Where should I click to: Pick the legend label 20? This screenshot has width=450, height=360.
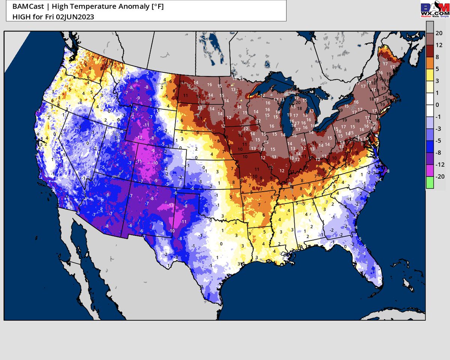(x=439, y=33)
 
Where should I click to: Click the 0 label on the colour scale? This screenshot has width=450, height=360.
(x=438, y=105)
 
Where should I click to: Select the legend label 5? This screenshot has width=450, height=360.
(x=438, y=69)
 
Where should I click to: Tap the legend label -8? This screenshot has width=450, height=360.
(x=438, y=153)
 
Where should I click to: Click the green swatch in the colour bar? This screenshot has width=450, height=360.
(x=430, y=183)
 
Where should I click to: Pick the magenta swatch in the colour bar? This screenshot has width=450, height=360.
(x=430, y=171)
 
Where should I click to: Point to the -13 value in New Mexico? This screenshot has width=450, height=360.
(x=171, y=205)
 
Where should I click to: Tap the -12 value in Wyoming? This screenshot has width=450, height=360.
(x=139, y=137)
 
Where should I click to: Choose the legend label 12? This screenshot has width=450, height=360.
(x=439, y=45)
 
